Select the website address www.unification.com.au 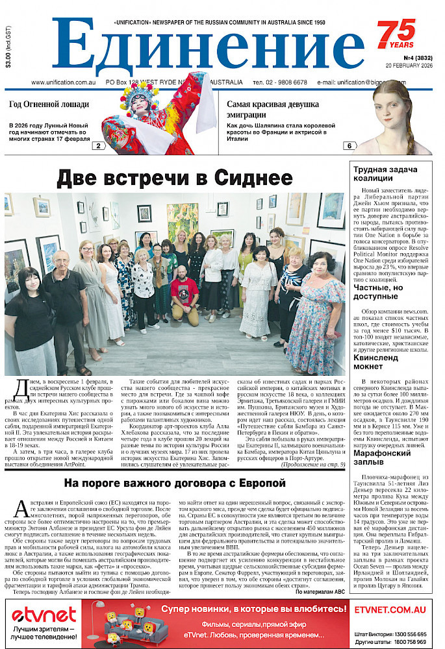coord(64,83)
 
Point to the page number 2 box coord(98,146)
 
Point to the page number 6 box coord(349,146)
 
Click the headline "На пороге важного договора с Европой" coord(175,484)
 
